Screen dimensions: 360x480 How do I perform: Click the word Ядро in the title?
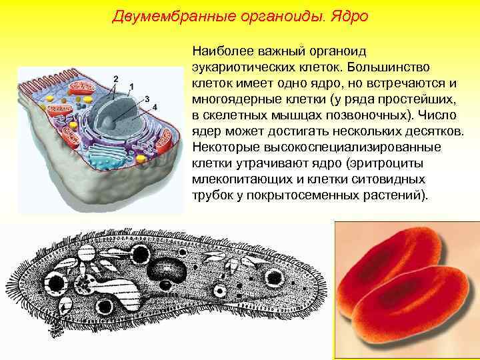pos(346,15)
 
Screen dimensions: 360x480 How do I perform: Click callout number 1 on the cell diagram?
pos(131,87)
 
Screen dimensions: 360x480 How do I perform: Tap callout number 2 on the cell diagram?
pos(116,79)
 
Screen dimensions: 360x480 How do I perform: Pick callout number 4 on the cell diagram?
pos(155,107)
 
